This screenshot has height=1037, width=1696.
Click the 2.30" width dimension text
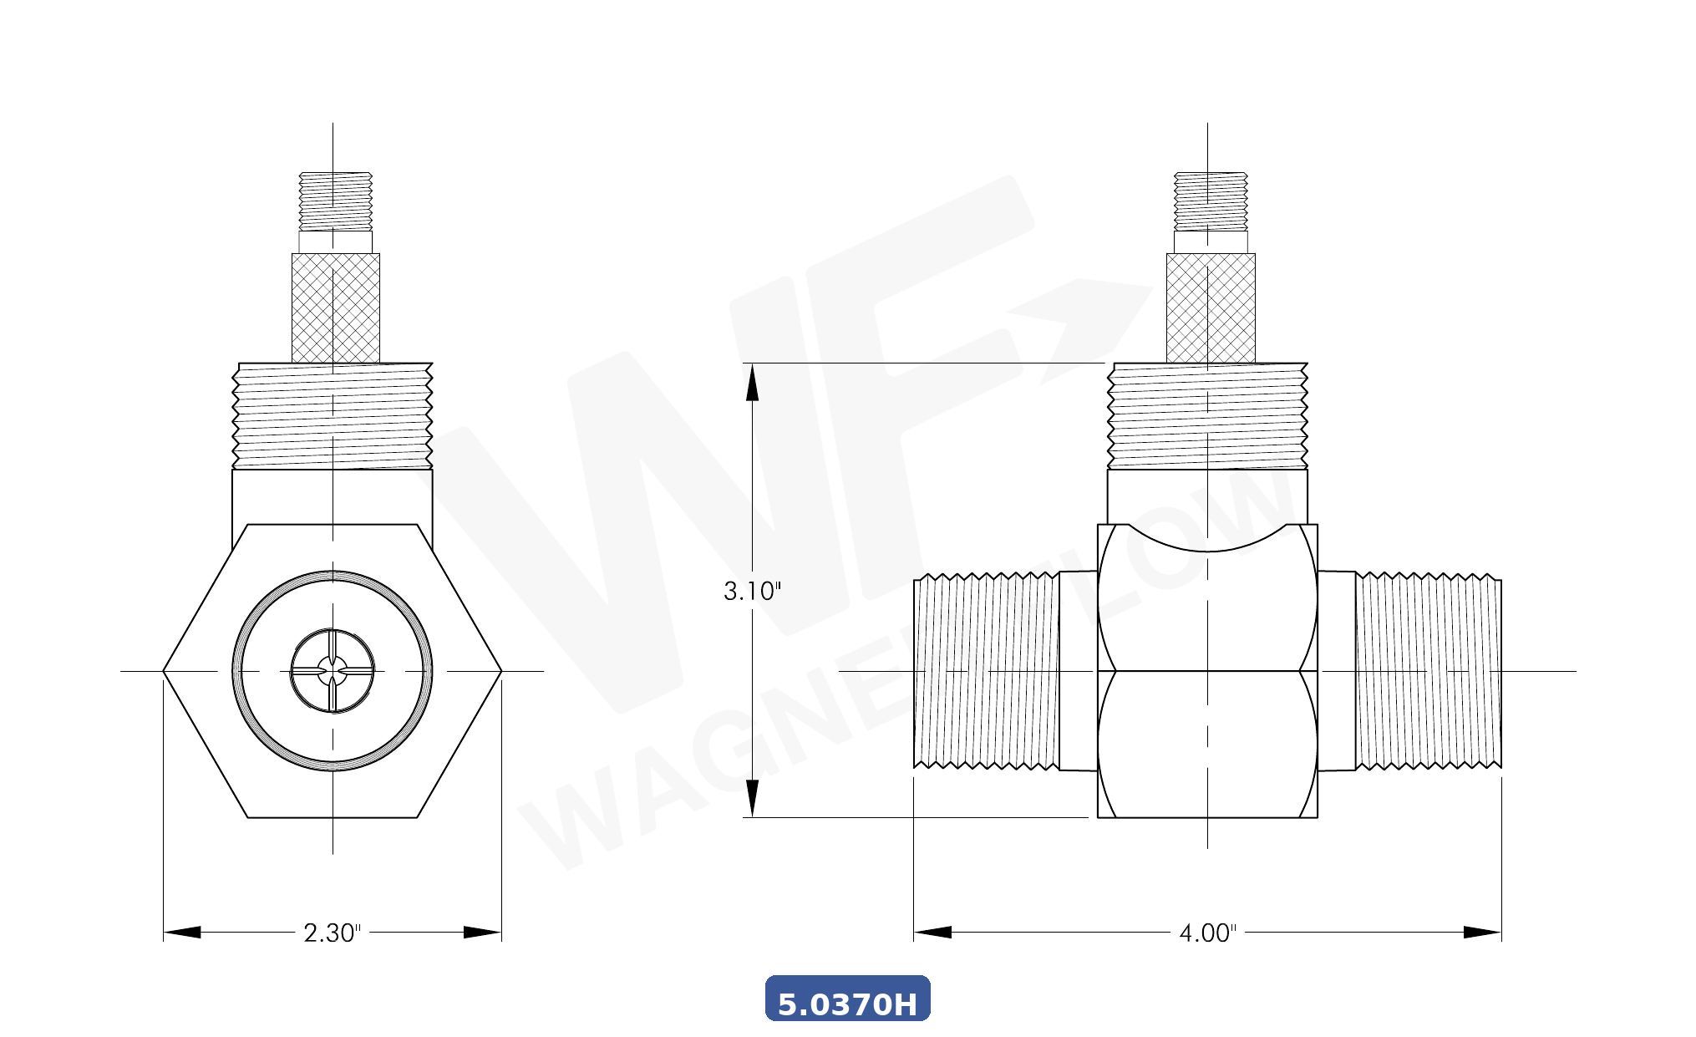332,933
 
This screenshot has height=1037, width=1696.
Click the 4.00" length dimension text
1207,933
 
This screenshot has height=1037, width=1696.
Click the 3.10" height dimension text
752,592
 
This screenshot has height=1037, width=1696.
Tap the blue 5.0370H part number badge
847,999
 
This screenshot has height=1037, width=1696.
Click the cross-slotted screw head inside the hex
333,671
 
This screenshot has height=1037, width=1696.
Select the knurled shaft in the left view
335,308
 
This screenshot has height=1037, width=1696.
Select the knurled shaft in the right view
1211,308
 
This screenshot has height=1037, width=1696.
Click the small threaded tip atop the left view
335,201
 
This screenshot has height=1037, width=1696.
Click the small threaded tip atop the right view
1211,201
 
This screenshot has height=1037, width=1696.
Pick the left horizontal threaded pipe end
986,671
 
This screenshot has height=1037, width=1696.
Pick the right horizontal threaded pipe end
1428,671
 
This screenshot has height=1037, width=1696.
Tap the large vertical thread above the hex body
333,415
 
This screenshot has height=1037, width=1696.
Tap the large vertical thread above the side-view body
1207,415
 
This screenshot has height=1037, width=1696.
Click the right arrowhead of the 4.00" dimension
1483,933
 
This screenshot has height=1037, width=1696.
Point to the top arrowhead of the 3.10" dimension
752,383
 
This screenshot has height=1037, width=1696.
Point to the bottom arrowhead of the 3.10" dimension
752,798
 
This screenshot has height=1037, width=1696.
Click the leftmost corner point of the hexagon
164,671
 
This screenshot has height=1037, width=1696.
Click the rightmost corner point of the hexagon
501,671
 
